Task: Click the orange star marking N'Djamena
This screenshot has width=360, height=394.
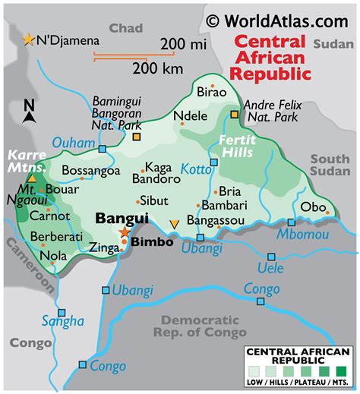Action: click(x=30, y=39)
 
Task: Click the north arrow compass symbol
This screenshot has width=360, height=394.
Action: click(x=28, y=112)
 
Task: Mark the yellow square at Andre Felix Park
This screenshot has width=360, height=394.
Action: click(x=235, y=115)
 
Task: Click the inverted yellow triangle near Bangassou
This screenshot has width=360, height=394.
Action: click(x=175, y=223)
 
